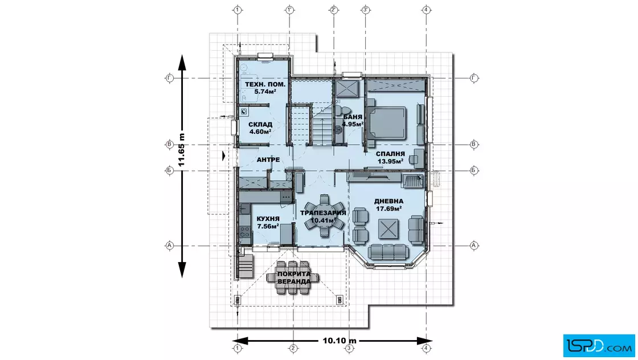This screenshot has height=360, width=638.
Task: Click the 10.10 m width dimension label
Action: tap(340, 341)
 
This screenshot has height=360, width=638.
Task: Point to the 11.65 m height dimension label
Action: tap(182, 150)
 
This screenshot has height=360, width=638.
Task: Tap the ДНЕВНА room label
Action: tap(389, 201)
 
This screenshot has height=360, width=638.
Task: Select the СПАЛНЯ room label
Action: tap(390, 154)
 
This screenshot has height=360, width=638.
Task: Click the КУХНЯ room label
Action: tap(268, 219)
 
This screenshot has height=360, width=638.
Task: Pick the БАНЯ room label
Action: tap(353, 117)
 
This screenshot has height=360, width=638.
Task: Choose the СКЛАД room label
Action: tap(260, 125)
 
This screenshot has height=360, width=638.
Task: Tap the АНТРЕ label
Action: tap(268, 160)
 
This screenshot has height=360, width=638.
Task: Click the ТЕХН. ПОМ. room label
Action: tap(265, 85)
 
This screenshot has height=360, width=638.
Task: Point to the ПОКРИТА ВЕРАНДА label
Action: tap(294, 277)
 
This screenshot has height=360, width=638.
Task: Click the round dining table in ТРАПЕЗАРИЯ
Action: tap(324, 215)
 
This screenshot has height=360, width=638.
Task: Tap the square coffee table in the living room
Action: tap(388, 228)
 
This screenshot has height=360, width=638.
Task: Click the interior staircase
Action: tap(322, 125)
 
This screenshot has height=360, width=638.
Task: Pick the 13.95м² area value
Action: tap(390, 161)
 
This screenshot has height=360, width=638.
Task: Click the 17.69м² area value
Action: tap(389, 208)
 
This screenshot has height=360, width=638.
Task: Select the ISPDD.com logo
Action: tap(599, 345)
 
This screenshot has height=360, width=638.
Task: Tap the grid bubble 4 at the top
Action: tap(426, 9)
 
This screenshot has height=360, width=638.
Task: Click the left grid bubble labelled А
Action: tap(170, 246)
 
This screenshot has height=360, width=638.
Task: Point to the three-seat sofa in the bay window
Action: tap(388, 252)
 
